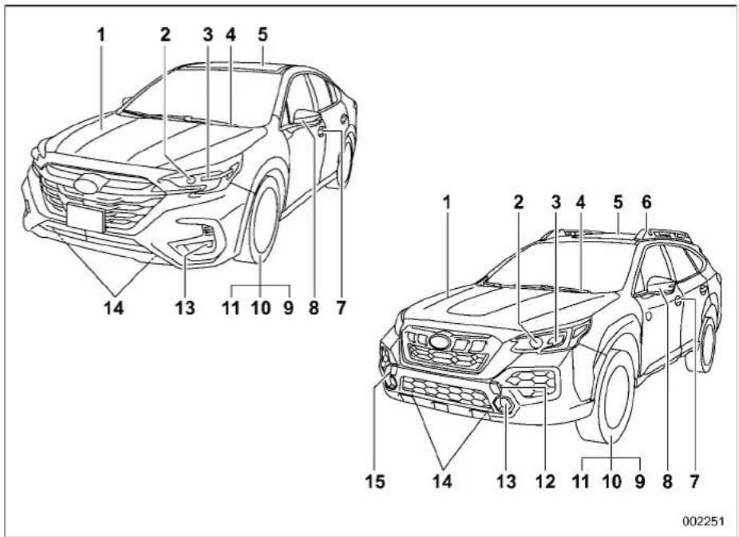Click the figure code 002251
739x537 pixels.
coord(703,521)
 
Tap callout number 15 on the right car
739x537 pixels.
coord(376,481)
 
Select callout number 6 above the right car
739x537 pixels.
coord(646,202)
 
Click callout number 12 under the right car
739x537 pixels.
coord(545,481)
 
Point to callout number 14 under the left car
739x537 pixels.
coord(113,308)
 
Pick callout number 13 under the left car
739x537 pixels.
coord(185,308)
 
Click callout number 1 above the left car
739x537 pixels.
coord(101,34)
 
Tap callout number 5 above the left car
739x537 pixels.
coord(263,34)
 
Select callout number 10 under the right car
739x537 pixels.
coord(612,481)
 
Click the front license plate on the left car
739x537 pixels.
coord(85,217)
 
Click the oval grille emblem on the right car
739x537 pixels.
coord(439,342)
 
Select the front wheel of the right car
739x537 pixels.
coord(612,397)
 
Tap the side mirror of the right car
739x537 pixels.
coord(662,284)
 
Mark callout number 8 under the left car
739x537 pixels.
coord(314,308)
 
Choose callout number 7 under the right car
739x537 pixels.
coord(694,481)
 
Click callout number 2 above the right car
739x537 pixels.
coord(519,202)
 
